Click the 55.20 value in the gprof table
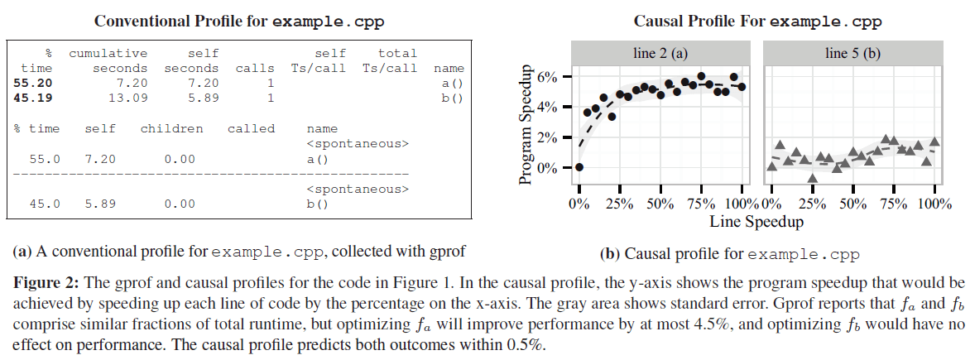pyautogui.click(x=33, y=83)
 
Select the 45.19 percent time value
pyautogui.click(x=33, y=98)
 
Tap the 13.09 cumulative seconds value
pyautogui.click(x=128, y=98)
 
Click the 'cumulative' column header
pyautogui.click(x=108, y=53)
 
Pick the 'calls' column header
pyautogui.click(x=255, y=68)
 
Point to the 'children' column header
pyautogui.click(x=171, y=128)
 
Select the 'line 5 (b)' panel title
pyautogui.click(x=852, y=54)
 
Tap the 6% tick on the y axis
pyautogui.click(x=550, y=76)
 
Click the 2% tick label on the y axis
pyautogui.click(x=550, y=137)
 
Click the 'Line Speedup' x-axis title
pyautogui.click(x=756, y=222)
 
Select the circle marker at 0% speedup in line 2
pyautogui.click(x=579, y=167)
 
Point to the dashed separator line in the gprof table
pyautogui.click(x=212, y=174)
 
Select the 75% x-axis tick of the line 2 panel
pyautogui.click(x=701, y=204)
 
